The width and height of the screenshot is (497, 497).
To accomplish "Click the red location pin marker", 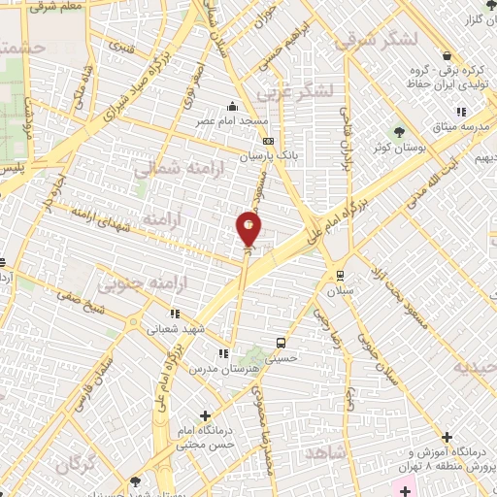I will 248,230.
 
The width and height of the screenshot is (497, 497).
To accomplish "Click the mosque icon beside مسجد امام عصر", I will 231,107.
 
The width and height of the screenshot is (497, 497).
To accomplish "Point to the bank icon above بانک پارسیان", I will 269,141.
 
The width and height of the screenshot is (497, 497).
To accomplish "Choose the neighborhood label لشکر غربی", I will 295,91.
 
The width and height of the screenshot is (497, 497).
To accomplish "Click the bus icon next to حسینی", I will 282,343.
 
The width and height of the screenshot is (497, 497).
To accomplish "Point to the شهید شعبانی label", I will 175,328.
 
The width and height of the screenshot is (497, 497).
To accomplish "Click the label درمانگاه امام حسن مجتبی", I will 201,437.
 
